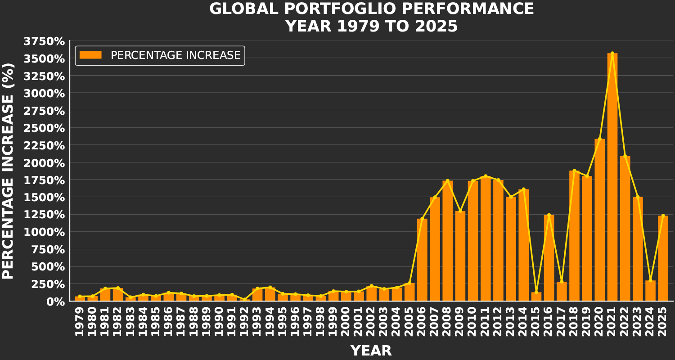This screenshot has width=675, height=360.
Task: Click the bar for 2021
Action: tap(612, 177)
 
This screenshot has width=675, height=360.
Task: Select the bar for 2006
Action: tap(422, 260)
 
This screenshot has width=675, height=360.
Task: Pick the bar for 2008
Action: tap(447, 241)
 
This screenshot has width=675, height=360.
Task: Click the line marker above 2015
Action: tap(536, 292)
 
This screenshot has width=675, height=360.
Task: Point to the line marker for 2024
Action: tap(650, 280)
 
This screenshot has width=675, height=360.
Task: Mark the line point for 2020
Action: tap(599, 139)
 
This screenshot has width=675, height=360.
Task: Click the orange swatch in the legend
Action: tap(90, 55)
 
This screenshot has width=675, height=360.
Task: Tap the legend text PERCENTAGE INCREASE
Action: tap(175, 55)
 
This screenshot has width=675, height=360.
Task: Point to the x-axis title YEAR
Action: tap(371, 351)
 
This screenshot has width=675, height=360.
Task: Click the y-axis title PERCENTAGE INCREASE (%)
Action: tap(9, 171)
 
